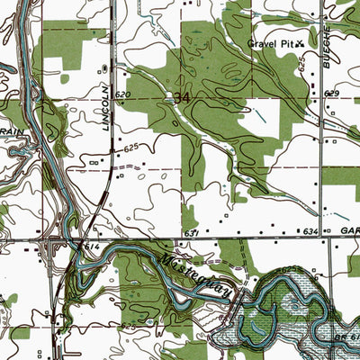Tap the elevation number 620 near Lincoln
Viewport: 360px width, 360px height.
coord(123,94)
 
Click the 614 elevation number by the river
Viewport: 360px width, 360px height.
coord(91,245)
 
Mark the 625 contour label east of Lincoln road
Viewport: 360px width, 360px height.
coord(131,147)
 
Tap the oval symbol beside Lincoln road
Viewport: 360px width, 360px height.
coord(105,68)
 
